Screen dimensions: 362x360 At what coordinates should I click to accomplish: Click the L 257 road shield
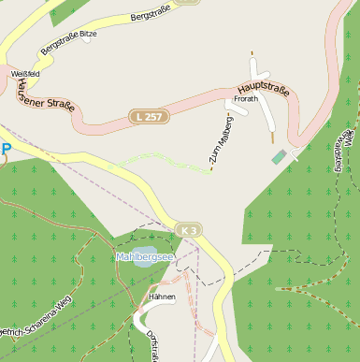click(x=149, y=117)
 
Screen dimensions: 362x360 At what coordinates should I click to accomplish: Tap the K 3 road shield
click(x=189, y=230)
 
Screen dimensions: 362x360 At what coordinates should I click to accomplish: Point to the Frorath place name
click(x=246, y=97)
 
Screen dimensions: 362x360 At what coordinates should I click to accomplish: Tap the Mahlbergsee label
click(x=144, y=256)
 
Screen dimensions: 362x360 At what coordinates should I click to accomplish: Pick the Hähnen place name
click(x=163, y=297)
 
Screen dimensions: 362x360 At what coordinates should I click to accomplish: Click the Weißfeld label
click(x=23, y=73)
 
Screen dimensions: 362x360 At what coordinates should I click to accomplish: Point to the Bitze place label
click(x=89, y=34)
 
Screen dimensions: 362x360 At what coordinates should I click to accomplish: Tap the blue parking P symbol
click(x=7, y=149)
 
